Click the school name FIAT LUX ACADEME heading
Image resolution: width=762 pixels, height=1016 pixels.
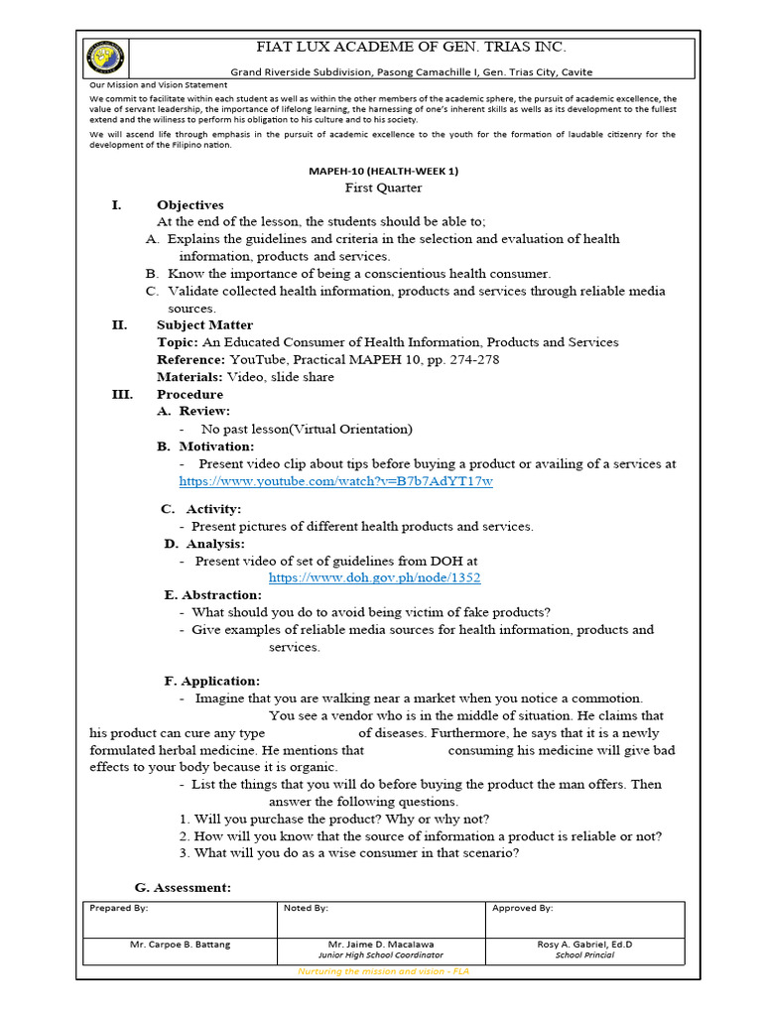(x=412, y=47)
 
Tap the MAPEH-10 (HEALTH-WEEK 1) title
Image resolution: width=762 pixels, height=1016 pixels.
(x=383, y=171)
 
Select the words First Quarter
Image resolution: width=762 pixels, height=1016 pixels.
(x=383, y=188)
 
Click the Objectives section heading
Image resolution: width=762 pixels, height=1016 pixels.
(x=190, y=205)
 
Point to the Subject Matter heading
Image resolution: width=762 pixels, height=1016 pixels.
(x=204, y=324)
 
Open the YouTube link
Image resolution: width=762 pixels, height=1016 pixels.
(x=335, y=481)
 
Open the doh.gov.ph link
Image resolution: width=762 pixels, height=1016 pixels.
(x=374, y=577)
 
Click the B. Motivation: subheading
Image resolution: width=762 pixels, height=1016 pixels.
(x=205, y=446)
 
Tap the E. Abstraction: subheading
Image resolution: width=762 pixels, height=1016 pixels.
(x=212, y=595)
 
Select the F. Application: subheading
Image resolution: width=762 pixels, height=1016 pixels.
(x=211, y=682)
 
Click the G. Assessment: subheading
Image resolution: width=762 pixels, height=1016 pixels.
(x=183, y=887)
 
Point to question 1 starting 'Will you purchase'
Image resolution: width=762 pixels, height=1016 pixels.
(x=334, y=819)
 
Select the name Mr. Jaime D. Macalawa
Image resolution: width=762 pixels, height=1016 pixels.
(x=380, y=945)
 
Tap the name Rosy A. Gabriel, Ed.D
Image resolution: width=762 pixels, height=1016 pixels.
(x=584, y=945)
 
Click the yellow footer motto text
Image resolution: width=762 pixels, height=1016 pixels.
(x=383, y=971)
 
